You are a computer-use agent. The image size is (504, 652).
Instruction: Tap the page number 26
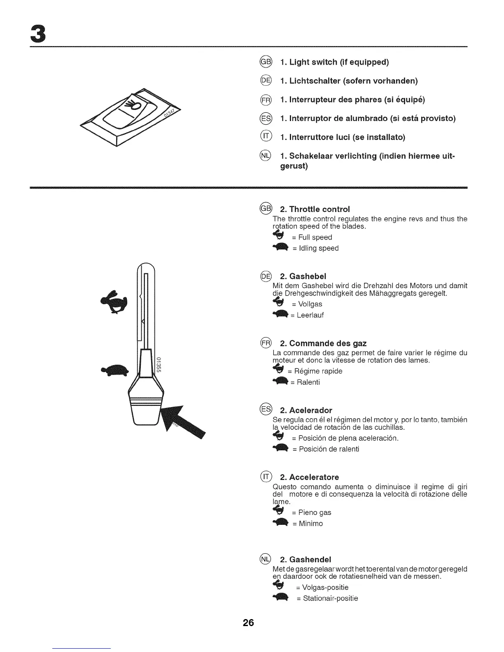[248, 622]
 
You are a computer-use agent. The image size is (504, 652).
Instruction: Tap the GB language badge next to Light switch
[266, 62]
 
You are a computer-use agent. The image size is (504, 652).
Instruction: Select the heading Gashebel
[303, 276]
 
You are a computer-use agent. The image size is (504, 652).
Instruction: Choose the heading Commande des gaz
[323, 343]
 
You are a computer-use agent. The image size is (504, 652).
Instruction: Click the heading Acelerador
[306, 410]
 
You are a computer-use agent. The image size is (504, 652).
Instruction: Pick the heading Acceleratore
[310, 477]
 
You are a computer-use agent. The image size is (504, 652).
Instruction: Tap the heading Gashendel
[306, 559]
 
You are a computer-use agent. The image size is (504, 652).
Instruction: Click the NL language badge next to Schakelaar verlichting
[266, 156]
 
